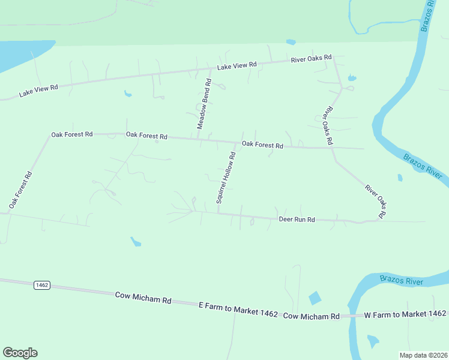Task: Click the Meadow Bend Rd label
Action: [205, 104]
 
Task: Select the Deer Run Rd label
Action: [297, 220]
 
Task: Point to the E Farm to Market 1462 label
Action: [238, 310]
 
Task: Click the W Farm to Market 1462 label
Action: [405, 314]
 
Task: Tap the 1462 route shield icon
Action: [41, 285]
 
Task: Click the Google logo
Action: [20, 353]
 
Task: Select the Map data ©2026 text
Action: [424, 355]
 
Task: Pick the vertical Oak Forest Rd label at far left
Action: [20, 190]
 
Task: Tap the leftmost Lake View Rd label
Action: [38, 91]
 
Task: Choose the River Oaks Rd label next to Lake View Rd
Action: [311, 59]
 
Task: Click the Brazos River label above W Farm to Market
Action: [401, 280]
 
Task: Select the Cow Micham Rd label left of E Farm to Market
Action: [143, 297]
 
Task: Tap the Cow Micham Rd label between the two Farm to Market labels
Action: [311, 316]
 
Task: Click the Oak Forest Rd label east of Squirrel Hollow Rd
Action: [262, 145]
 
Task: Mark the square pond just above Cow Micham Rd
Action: [315, 298]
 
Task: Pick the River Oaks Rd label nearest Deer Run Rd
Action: [376, 202]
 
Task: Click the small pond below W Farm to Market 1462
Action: [373, 341]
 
